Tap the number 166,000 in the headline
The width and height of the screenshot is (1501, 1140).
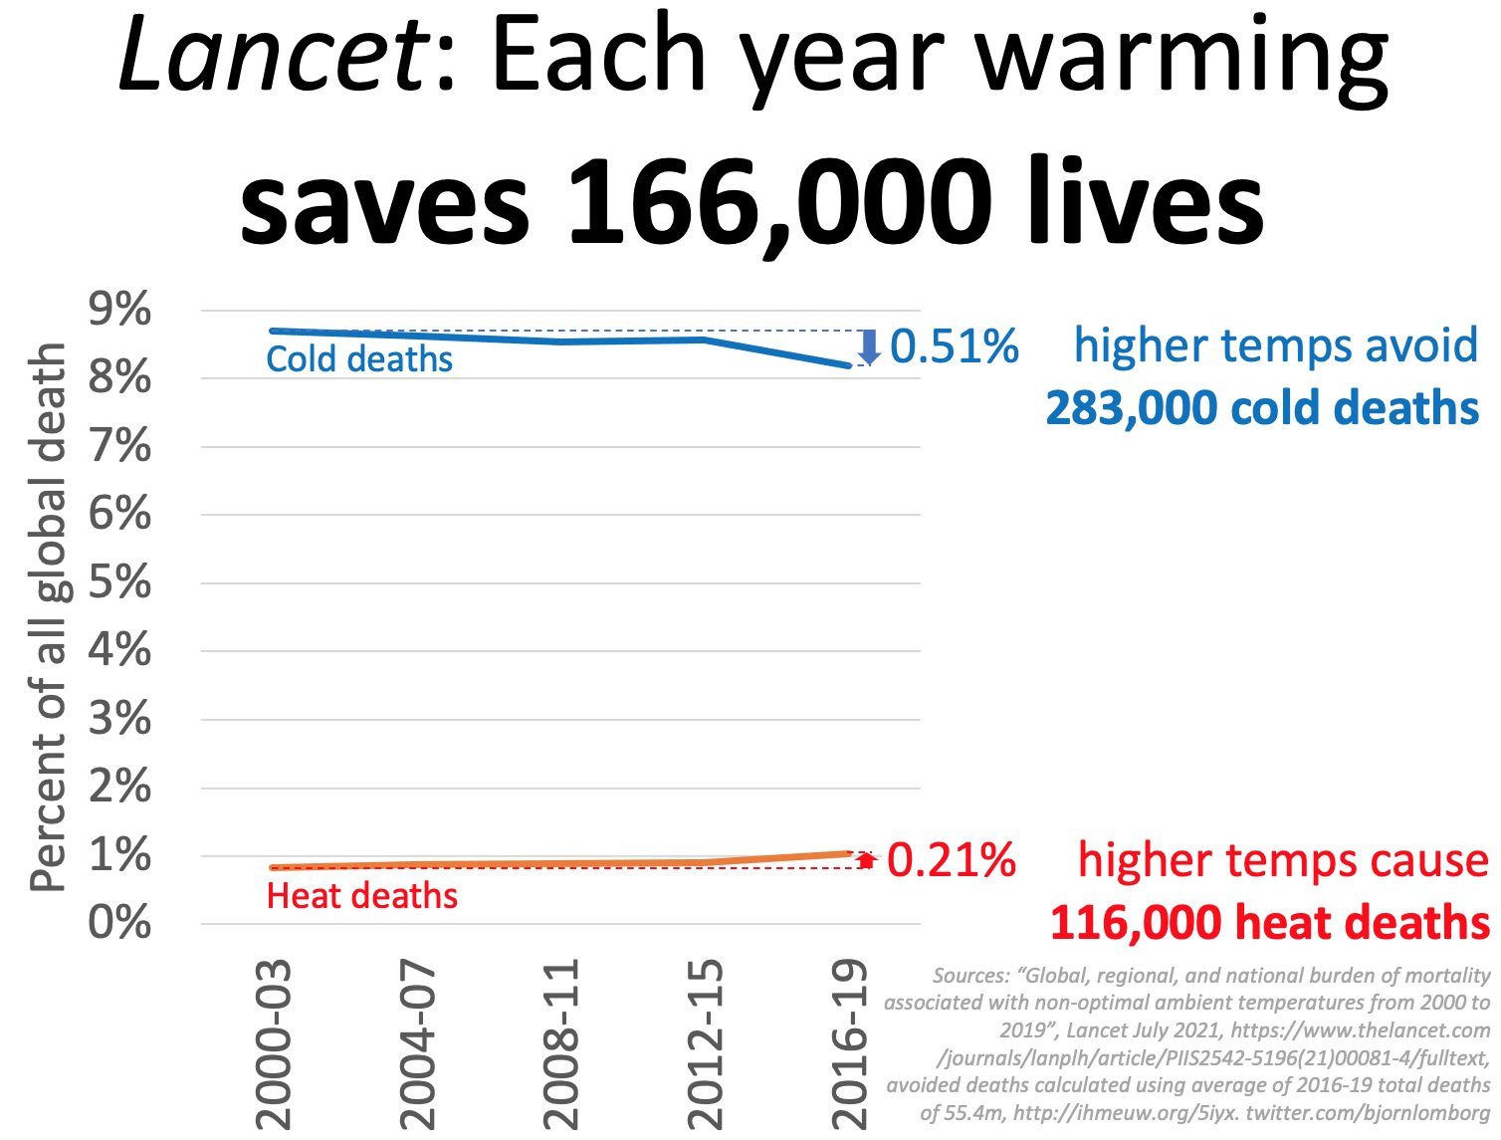[779, 202]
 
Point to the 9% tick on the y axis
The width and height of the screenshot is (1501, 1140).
[120, 311]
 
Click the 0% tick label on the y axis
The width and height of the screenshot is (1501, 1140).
[120, 923]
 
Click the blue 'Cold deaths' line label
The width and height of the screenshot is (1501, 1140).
[359, 359]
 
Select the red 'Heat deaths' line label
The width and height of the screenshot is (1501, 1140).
[362, 896]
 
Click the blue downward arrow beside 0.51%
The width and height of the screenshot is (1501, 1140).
[869, 346]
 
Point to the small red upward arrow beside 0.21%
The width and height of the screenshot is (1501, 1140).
[866, 860]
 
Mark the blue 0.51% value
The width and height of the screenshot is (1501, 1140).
[954, 346]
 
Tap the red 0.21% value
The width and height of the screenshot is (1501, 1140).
[951, 860]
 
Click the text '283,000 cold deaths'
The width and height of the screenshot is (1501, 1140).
[1262, 408]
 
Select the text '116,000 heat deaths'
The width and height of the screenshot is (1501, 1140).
[1269, 923]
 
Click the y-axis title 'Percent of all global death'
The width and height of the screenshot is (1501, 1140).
[48, 617]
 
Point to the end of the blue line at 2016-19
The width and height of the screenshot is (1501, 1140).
[848, 365]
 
